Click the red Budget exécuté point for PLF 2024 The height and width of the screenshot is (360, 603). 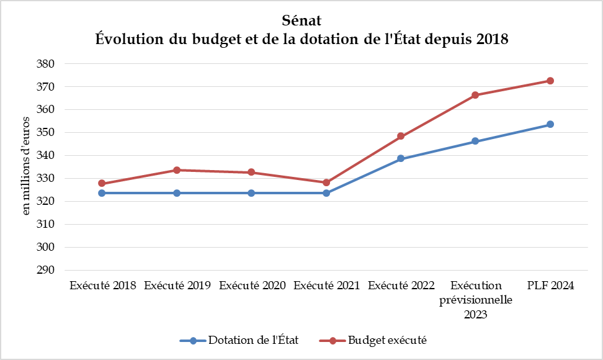point(550,81)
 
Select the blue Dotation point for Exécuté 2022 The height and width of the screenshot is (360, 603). point(401,158)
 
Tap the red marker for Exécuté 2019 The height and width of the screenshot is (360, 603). point(177,170)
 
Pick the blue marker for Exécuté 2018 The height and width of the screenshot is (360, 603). point(102,193)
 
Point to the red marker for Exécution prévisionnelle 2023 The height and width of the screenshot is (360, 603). point(475,95)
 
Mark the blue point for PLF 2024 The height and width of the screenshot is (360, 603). point(550,124)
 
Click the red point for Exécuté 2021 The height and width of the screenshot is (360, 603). point(326,182)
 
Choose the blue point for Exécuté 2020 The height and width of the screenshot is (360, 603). point(251,193)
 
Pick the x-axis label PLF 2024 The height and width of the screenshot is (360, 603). point(550,286)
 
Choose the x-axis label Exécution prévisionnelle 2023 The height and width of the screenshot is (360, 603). point(475,300)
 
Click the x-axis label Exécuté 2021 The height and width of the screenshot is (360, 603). point(326,286)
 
